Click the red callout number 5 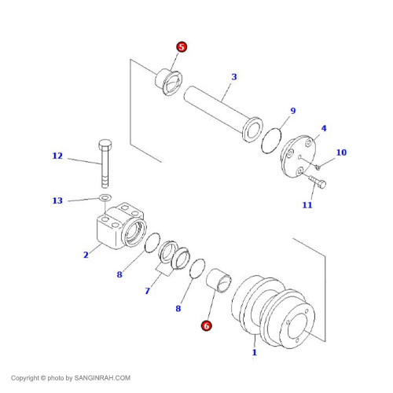click(182, 47)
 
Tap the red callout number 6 click(207, 325)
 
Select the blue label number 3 click(234, 77)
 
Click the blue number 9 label click(293, 111)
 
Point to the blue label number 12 click(57, 156)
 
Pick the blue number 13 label click(57, 200)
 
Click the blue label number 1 click(255, 352)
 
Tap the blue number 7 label click(148, 291)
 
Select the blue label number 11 click(307, 204)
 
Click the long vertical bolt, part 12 click(105, 163)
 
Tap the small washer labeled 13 click(105, 197)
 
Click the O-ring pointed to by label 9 click(271, 141)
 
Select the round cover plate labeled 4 click(298, 156)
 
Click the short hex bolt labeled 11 click(318, 181)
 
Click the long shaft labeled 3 click(223, 114)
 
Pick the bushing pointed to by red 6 click(219, 281)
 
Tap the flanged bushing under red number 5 click(169, 82)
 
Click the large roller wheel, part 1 click(274, 312)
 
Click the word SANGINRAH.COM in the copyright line click(102, 378)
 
